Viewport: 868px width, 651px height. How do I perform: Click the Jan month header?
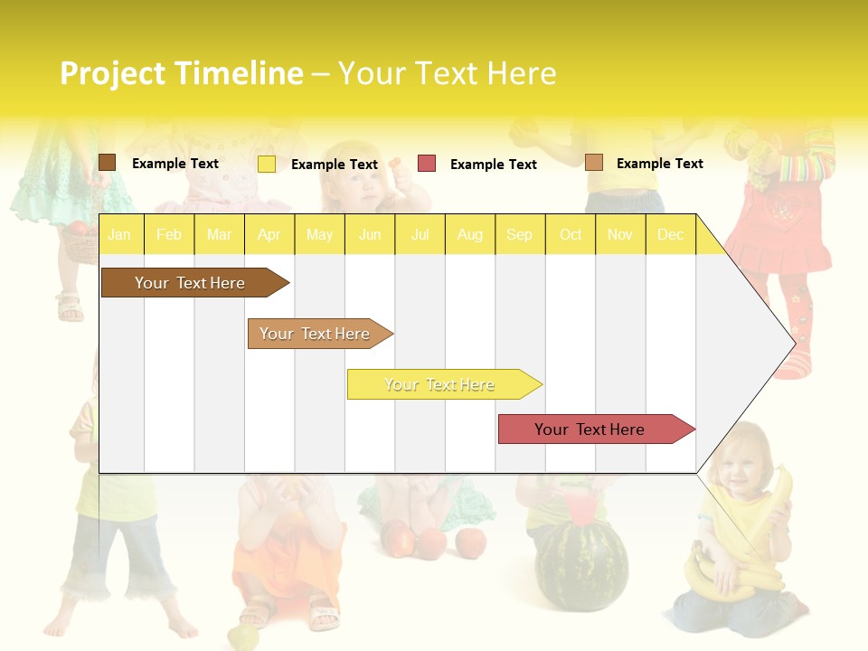pos(119,235)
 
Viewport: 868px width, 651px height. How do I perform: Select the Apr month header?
pos(269,235)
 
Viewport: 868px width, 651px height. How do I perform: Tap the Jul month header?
pos(420,235)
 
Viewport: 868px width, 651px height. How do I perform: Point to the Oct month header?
pos(571,235)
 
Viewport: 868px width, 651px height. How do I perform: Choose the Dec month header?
pos(670,235)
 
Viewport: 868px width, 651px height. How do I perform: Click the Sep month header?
pos(519,235)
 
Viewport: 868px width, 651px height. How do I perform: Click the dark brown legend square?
pos(107,163)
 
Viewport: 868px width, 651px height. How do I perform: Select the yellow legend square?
pos(267,164)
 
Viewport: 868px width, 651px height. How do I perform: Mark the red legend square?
pos(427,164)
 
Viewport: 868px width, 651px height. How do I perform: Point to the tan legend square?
pos(594,163)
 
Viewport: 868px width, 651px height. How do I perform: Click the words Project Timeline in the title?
pos(181,73)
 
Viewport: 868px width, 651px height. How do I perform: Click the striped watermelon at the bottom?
pos(579,565)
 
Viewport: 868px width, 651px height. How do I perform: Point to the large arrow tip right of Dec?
pos(769,343)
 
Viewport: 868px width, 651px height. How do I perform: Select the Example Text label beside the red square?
pos(493,165)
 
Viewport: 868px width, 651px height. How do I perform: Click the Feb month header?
pos(168,235)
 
